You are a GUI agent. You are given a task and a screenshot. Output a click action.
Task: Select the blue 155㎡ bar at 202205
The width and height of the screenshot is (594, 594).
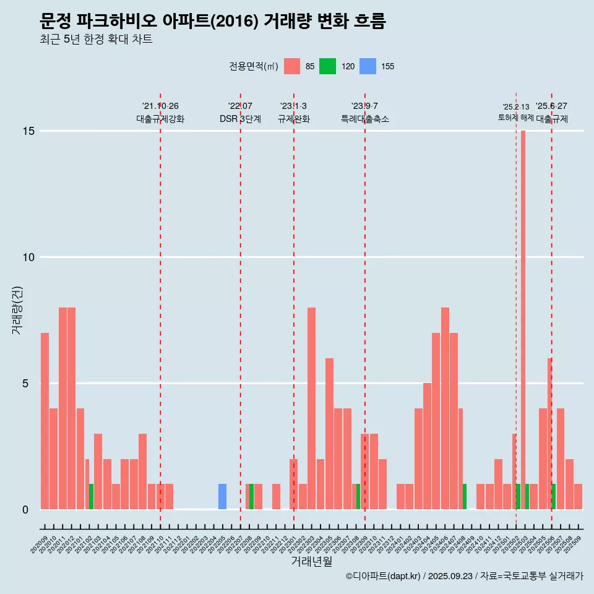(x=222, y=497)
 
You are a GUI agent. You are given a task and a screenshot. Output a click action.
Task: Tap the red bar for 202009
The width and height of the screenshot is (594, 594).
(x=45, y=421)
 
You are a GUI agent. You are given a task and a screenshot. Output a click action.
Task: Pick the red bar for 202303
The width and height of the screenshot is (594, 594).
(x=311, y=408)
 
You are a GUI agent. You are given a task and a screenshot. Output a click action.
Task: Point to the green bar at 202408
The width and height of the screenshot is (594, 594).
(x=465, y=497)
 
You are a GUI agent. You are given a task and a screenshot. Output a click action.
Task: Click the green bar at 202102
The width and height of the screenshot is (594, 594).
(x=91, y=497)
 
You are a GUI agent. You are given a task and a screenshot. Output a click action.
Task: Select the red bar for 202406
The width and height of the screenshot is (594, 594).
(x=445, y=408)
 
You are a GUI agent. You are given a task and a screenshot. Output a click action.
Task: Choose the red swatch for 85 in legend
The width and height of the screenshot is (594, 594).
(x=292, y=66)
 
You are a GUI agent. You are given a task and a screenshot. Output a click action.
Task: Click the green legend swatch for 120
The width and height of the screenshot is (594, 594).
(x=327, y=66)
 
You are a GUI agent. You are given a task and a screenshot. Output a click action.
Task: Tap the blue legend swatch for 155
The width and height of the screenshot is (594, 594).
(x=368, y=66)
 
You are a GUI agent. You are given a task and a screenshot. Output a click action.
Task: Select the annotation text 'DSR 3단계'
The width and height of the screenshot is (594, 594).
(x=240, y=119)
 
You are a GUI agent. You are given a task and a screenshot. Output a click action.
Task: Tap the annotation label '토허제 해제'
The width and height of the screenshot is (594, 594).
(x=515, y=118)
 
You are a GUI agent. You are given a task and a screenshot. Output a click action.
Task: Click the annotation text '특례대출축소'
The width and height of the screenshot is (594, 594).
(x=365, y=119)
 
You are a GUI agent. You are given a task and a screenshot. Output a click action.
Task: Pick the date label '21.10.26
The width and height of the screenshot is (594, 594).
(x=160, y=106)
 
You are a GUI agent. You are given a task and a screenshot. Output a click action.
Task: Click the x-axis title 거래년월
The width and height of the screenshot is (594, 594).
(x=311, y=562)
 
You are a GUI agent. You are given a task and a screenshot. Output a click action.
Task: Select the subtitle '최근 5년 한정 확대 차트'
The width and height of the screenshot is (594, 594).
(x=95, y=40)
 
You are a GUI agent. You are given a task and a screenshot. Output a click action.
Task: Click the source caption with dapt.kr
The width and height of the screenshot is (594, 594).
(x=464, y=577)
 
